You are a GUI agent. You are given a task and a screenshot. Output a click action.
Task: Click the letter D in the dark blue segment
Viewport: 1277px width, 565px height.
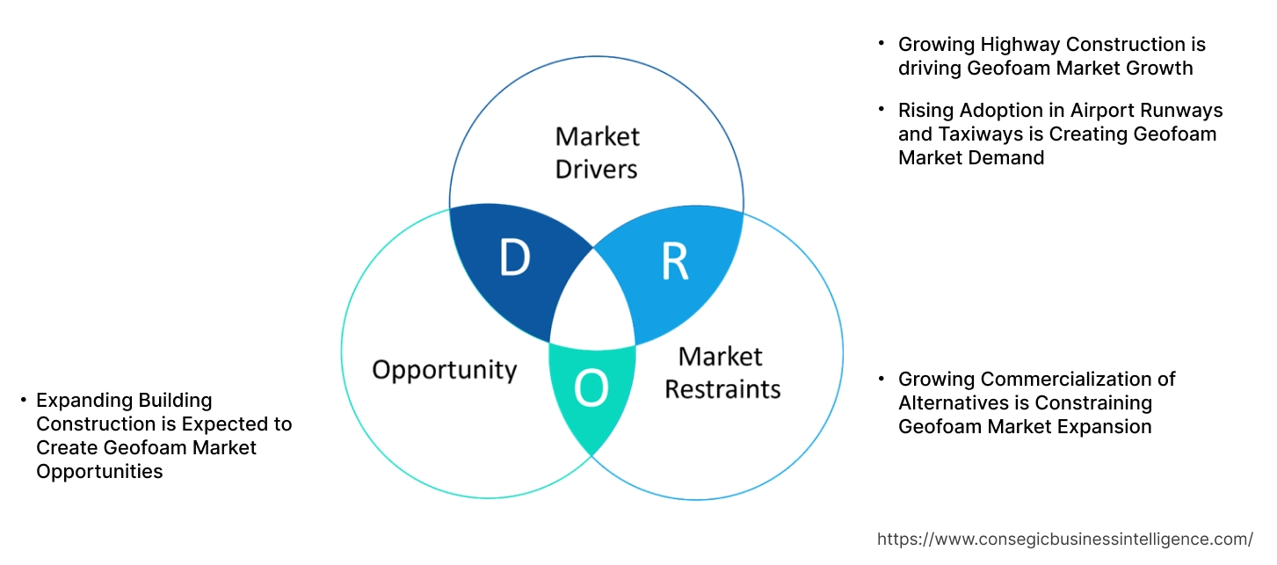point(514,258)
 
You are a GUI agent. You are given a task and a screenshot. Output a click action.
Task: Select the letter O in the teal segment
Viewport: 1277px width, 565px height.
point(591,389)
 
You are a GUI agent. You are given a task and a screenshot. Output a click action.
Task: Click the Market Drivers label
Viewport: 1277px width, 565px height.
point(597,152)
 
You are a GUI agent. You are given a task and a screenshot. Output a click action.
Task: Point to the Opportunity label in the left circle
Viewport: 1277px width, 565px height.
point(444,369)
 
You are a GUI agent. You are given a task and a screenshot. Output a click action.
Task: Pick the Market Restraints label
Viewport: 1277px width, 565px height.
point(722,372)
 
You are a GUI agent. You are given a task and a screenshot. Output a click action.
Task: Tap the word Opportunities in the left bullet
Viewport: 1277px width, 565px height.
point(99,472)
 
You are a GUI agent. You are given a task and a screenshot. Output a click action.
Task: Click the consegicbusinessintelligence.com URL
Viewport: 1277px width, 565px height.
point(1065,539)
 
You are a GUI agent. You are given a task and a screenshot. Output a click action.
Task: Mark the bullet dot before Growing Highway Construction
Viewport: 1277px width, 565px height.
point(882,42)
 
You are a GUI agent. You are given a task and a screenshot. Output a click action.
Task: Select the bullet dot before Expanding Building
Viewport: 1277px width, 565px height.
point(23,400)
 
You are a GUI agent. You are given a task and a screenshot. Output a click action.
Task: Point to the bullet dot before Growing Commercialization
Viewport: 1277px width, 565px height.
point(882,378)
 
